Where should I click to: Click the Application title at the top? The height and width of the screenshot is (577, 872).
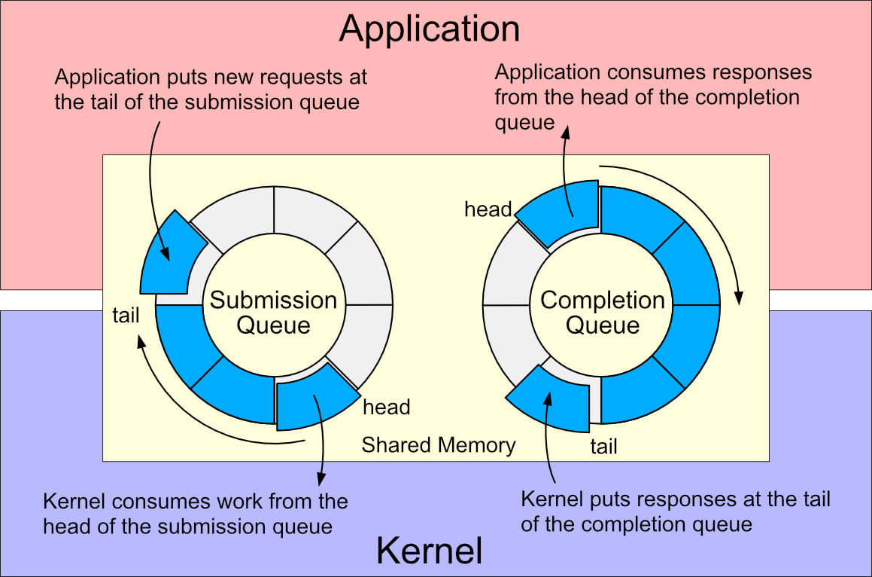[430, 29]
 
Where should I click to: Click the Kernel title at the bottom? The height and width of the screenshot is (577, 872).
[429, 551]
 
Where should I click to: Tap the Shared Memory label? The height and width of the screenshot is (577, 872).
[439, 445]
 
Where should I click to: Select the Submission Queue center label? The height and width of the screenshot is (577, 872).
[273, 313]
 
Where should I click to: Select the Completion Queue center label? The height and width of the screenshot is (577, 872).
[603, 313]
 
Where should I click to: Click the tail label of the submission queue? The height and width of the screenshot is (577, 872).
[126, 315]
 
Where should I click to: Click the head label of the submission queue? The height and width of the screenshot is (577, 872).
[386, 408]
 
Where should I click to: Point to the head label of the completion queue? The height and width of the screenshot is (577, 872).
[488, 209]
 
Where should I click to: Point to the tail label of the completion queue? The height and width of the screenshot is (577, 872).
[603, 447]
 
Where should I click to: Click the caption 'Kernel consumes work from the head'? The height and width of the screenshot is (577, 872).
[196, 513]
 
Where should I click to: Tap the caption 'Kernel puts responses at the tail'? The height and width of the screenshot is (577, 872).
[675, 511]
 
